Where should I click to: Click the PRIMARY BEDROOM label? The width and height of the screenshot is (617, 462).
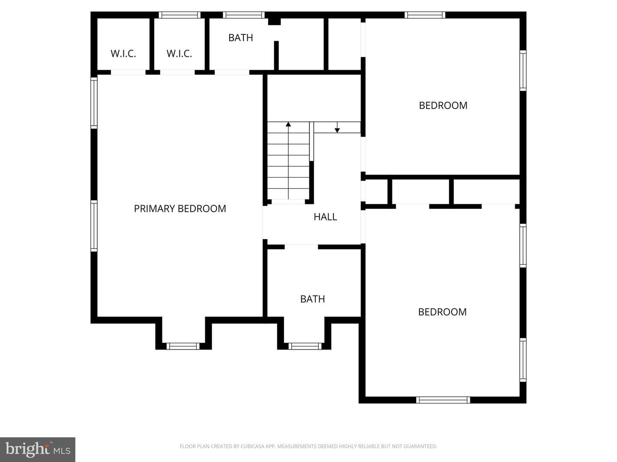point(180,209)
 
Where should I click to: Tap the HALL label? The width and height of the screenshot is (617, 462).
point(325,217)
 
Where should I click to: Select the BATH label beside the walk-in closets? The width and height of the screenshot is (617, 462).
point(240,38)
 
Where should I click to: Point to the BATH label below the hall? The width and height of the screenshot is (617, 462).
point(312,299)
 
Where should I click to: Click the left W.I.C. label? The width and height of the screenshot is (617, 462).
point(123,54)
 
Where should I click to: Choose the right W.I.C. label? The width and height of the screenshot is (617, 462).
point(179,54)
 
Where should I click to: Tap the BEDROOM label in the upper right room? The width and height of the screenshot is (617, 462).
point(443,106)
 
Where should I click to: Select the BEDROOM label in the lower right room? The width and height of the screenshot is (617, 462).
point(442,312)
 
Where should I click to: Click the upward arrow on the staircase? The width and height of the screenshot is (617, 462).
point(288,124)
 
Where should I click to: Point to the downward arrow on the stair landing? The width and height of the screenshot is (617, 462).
point(337,130)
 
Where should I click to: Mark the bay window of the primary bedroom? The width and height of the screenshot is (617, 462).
point(183,346)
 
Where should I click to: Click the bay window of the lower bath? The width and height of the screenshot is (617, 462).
point(305,346)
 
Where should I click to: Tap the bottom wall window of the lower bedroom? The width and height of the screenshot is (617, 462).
point(443,400)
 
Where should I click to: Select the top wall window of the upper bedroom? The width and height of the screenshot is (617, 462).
point(425,15)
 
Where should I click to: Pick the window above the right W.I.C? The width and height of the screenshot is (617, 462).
point(180,15)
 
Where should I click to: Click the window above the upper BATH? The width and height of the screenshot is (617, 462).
point(244,15)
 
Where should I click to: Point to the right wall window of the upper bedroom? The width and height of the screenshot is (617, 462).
point(523,71)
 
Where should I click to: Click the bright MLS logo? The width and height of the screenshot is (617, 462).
point(38,449)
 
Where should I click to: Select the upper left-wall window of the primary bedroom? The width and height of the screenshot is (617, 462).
point(94,103)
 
